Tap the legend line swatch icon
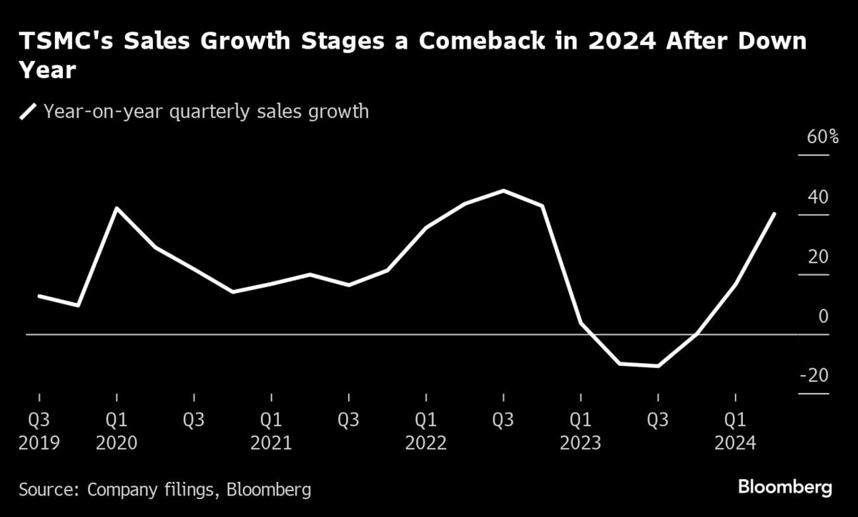tap(29, 112)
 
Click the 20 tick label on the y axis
tap(819, 257)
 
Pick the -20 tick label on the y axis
tap(815, 376)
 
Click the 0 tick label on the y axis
tap(824, 317)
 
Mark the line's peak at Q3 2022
tap(504, 191)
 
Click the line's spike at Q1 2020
tap(117, 208)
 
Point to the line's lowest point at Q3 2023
tap(659, 366)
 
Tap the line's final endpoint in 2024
tap(774, 213)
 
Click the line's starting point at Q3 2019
tap(39, 296)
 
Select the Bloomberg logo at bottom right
tap(784, 488)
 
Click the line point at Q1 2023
tap(581, 323)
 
